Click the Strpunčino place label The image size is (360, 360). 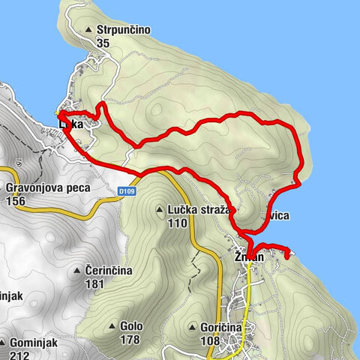click(x=124, y=30)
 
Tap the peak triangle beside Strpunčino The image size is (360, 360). click(x=89, y=31)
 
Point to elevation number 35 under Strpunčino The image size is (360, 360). click(x=103, y=43)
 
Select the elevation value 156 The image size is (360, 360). click(x=15, y=201)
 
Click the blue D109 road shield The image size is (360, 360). click(x=127, y=192)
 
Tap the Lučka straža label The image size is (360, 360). click(x=200, y=211)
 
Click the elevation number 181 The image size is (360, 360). click(x=94, y=284)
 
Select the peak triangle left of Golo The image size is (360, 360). click(x=112, y=326)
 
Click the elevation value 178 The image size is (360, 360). click(x=130, y=340)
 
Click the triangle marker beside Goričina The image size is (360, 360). click(x=193, y=327)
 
